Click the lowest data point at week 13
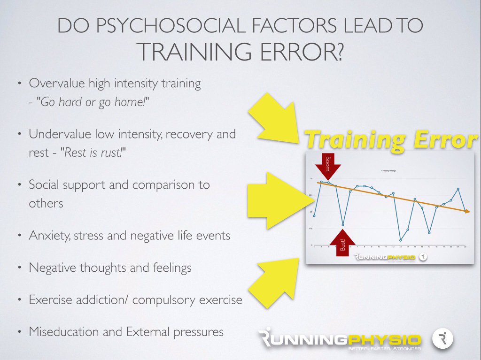(401, 240)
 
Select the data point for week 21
(458, 189)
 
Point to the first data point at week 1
(314, 215)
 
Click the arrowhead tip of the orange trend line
(469, 212)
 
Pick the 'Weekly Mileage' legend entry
(388, 171)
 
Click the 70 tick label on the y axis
(311, 179)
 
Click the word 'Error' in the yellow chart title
(438, 140)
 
